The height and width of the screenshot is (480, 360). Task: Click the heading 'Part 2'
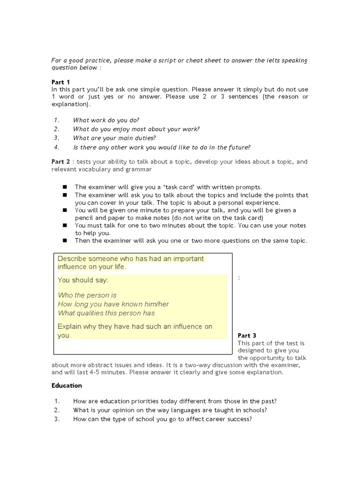coord(60,162)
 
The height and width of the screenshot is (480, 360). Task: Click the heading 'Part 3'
coord(247,336)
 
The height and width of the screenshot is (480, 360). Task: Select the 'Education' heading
coord(67,386)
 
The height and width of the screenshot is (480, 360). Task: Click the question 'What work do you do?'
coord(106,120)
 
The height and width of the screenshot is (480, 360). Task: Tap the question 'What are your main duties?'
coord(114,138)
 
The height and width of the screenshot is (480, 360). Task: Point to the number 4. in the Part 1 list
coord(57,147)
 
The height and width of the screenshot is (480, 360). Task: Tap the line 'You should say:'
coord(83,280)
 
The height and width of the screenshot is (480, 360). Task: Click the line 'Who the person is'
coord(87,295)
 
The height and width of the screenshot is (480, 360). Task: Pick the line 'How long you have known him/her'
coord(113,304)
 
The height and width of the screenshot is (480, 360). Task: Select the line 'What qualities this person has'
coord(106,313)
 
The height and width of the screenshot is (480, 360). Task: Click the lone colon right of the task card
coord(239,278)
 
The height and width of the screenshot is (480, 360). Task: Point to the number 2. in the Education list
coord(57,410)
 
